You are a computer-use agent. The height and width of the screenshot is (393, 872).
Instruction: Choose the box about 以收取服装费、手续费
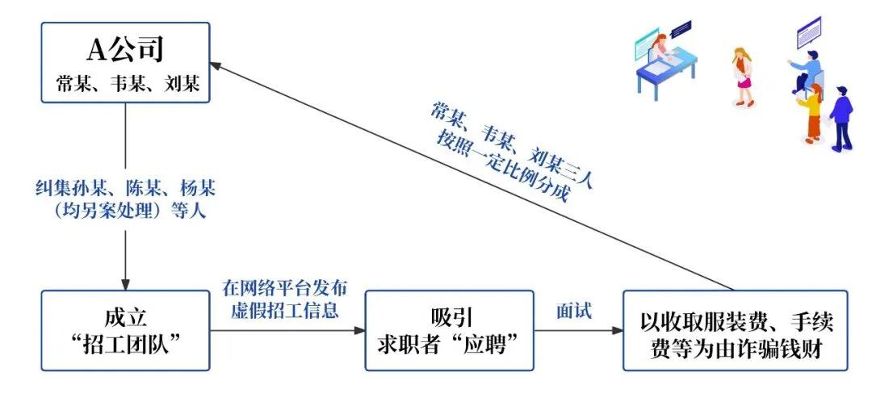point(735,331)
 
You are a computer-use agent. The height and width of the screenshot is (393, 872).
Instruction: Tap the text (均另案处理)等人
point(125,214)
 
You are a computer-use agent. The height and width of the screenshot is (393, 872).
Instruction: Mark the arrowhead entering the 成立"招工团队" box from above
point(125,284)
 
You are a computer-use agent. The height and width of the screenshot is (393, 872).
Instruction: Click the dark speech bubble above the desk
point(681,28)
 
